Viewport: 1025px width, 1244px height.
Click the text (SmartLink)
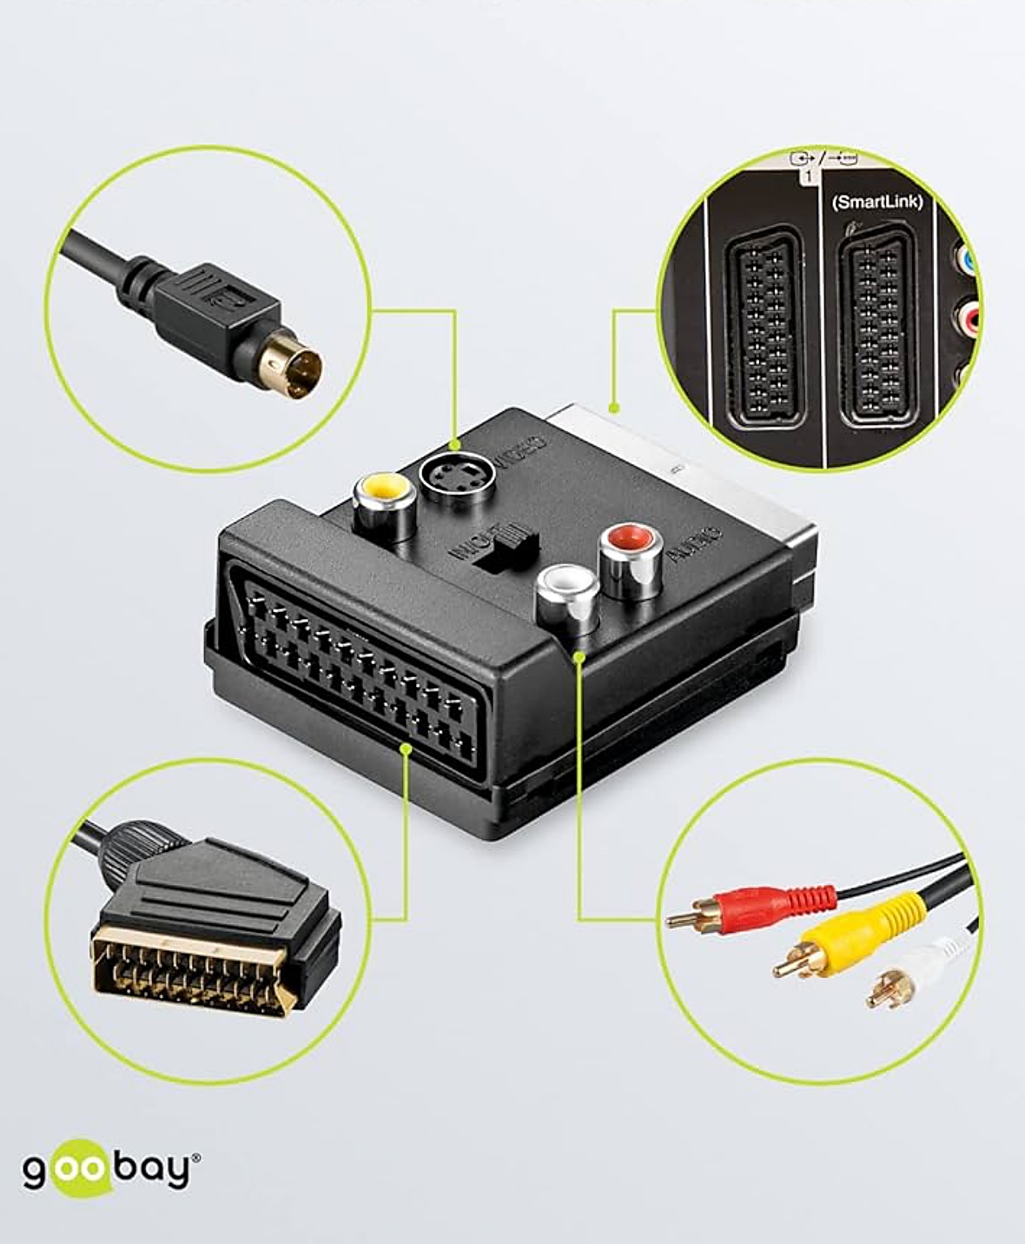point(876,202)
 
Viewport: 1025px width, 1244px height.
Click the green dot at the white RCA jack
point(579,657)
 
